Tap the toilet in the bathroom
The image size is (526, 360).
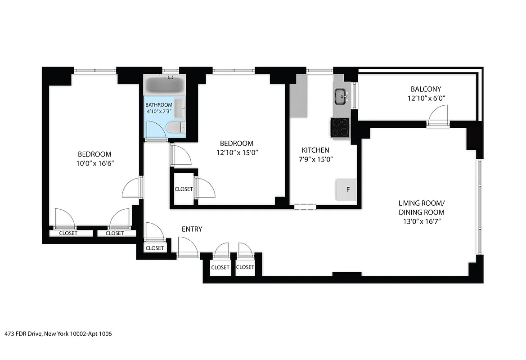[175, 127]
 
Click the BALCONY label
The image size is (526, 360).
[426, 89]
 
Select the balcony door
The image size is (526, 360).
[438, 116]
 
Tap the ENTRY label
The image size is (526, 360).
[192, 229]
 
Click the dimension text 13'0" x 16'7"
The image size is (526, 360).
[422, 221]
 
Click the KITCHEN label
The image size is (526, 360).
[315, 150]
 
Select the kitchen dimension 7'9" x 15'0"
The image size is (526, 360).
[315, 159]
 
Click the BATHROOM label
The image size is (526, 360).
[159, 105]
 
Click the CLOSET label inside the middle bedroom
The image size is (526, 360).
[184, 189]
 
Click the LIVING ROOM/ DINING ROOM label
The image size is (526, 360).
[422, 207]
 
